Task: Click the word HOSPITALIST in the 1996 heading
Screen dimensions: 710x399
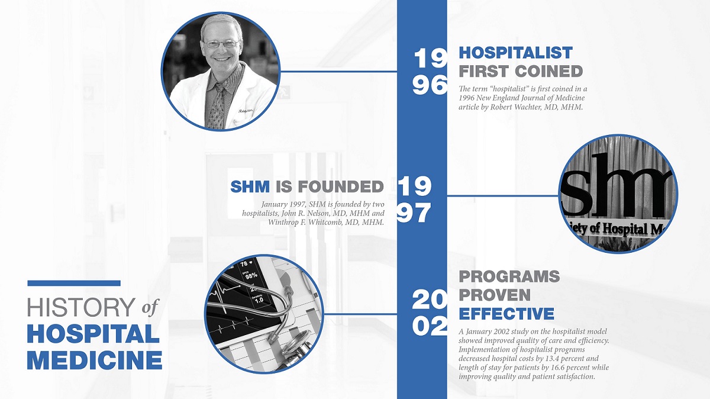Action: [x=516, y=53]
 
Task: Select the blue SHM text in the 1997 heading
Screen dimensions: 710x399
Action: [x=250, y=186]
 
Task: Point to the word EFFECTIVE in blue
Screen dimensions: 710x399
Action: [x=506, y=314]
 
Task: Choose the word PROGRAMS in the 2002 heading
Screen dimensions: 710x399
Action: [x=509, y=276]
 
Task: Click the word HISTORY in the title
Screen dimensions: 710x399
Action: [x=82, y=307]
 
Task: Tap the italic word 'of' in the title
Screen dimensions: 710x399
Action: [x=150, y=307]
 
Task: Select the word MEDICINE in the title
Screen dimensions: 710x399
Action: [x=95, y=360]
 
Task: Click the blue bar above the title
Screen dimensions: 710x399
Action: [x=74, y=283]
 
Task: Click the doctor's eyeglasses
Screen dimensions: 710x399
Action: [x=221, y=43]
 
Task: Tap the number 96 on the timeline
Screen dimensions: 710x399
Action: [x=430, y=85]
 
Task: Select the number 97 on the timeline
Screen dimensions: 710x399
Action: [x=414, y=213]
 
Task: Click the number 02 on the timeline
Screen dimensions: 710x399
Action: [x=430, y=326]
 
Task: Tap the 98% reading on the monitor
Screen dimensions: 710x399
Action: [x=251, y=276]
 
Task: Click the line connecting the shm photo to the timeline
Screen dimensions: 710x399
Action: [x=503, y=196]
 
